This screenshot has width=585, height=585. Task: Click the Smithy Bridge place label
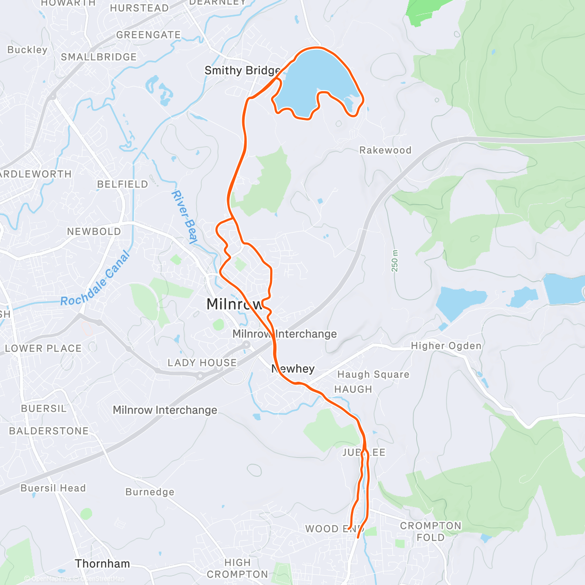pos(242,71)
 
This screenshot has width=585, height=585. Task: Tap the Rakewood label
pos(385,150)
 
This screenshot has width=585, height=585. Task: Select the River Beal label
pos(184,217)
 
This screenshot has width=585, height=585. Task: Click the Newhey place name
pos(292,369)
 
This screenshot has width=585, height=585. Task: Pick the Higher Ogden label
pos(446,346)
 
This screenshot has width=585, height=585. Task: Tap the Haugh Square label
pos(373,374)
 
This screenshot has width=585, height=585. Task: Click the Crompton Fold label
pos(430,531)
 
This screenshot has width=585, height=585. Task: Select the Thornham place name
pos(102,564)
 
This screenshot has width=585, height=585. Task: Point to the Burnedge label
pos(150,492)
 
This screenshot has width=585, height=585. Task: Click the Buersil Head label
pos(53,488)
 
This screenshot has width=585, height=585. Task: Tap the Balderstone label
pos(49,431)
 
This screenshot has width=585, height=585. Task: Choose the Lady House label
pos(202,363)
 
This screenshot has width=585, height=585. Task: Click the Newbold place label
pos(94,232)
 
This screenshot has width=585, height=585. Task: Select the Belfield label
pos(122,184)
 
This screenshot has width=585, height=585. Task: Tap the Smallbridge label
pos(98,57)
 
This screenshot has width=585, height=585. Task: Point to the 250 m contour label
pos(394,261)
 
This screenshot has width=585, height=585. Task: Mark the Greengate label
pos(148,35)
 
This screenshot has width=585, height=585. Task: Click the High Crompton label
pos(237,568)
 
